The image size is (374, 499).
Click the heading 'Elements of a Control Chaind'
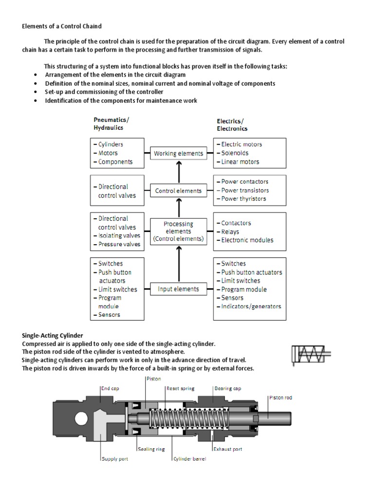tap(62, 26)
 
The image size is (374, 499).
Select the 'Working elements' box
tap(178, 154)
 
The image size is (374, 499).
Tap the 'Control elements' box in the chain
tap(178, 191)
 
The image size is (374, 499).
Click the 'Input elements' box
tap(178, 289)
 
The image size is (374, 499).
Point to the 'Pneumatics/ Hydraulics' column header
tap(112, 124)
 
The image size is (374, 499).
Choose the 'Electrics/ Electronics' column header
tap(232, 125)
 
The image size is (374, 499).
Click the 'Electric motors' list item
tap(241, 144)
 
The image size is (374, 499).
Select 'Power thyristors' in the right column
tap(243, 199)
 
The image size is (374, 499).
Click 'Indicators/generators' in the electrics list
tap(251, 307)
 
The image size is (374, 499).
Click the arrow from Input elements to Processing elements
tap(179, 263)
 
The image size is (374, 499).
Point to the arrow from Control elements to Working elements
tap(179, 172)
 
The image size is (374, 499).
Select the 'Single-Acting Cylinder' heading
tap(53, 336)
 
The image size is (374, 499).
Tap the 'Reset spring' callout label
tap(181, 388)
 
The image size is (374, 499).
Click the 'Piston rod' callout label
tap(281, 398)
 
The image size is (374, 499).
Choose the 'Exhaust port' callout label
tap(228, 449)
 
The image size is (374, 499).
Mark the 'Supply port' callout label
tap(115, 459)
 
